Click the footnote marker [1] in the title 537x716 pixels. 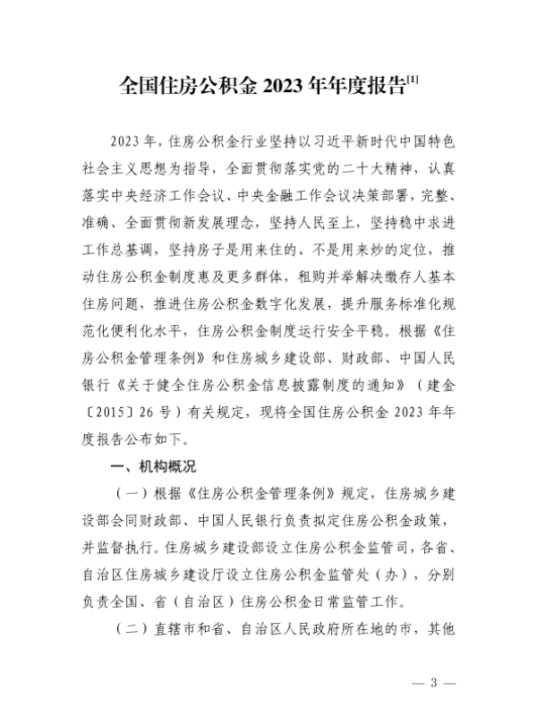tap(413, 82)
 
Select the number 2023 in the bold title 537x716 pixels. tap(284, 88)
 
